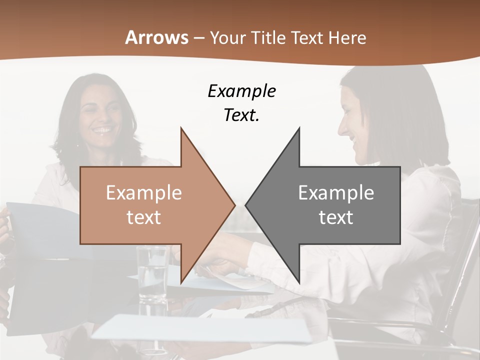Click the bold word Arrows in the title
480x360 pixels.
tap(157, 37)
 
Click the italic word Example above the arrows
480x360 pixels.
tap(241, 91)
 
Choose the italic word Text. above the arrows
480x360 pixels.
tap(241, 115)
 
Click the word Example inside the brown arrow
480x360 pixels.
tap(143, 192)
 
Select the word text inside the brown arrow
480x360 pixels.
tap(143, 217)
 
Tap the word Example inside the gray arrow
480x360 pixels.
tap(336, 192)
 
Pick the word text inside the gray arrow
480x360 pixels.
tap(336, 217)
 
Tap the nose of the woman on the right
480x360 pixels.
tap(342, 129)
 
